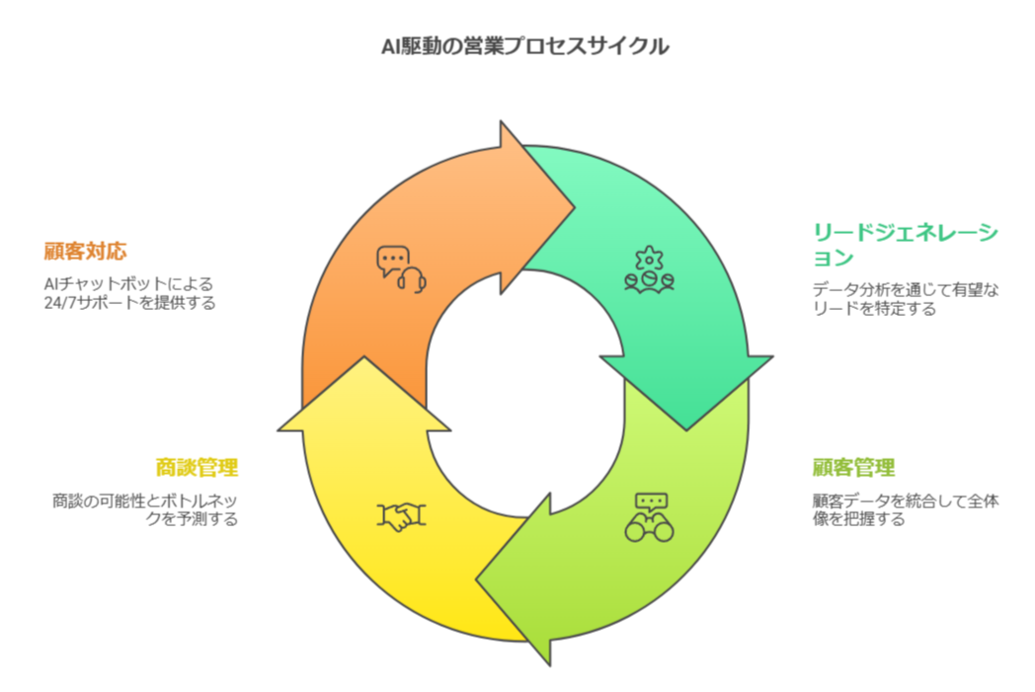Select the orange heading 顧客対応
pyautogui.click(x=85, y=251)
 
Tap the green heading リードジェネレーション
pyautogui.click(x=905, y=246)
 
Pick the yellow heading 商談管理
pyautogui.click(x=197, y=467)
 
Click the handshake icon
pyautogui.click(x=402, y=516)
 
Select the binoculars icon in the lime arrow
pyautogui.click(x=649, y=516)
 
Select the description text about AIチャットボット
pyautogui.click(x=129, y=293)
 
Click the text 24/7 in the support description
pyautogui.click(x=62, y=303)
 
